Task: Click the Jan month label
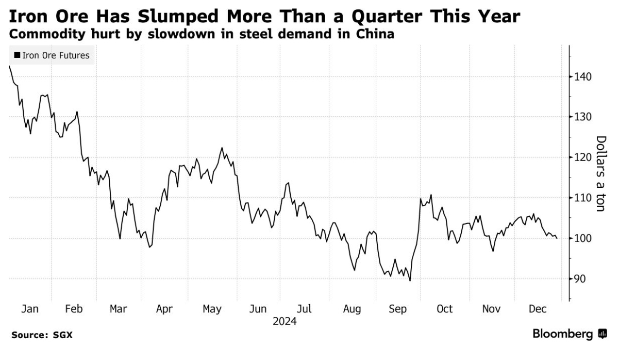[x=30, y=309]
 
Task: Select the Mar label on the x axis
[x=118, y=309]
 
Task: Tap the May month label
[x=212, y=309]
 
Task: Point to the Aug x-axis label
[x=352, y=309]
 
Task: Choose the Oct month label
[x=444, y=309]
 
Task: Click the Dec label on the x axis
[x=537, y=309]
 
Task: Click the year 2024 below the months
[x=285, y=321]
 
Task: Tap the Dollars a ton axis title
[x=601, y=174]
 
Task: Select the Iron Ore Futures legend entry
[x=52, y=55]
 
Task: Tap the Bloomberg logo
[x=570, y=334]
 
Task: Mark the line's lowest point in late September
[x=410, y=280]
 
